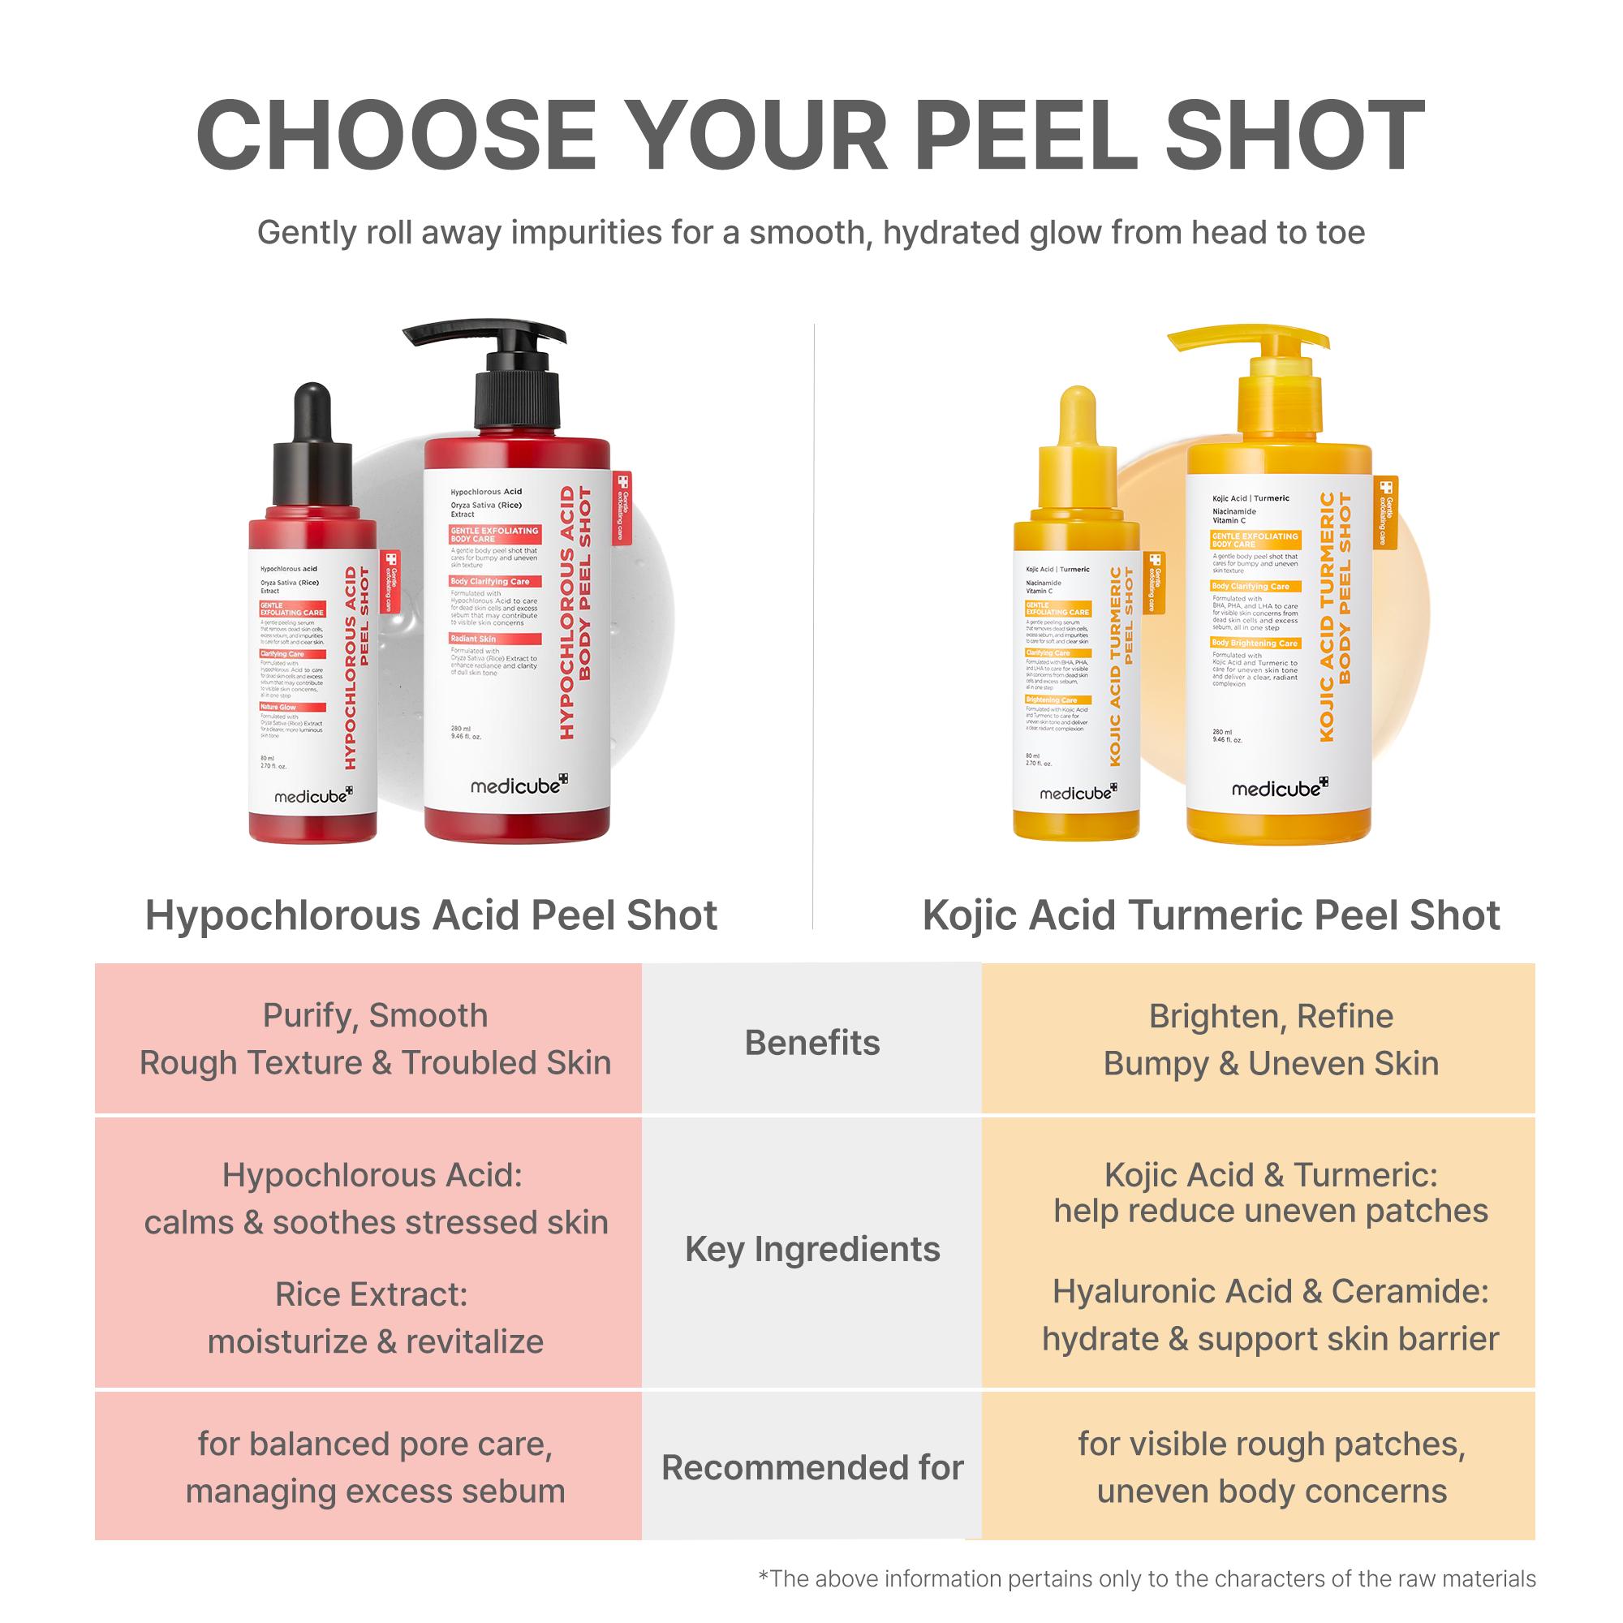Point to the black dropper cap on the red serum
click(x=312, y=454)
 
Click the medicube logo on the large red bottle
click(x=519, y=786)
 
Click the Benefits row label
click(x=811, y=1043)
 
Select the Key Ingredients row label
click(x=811, y=1249)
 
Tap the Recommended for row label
click(x=811, y=1467)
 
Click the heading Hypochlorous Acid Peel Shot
click(x=431, y=915)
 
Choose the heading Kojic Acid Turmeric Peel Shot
click(x=1211, y=915)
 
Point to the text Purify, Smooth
click(x=375, y=1016)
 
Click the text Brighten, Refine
click(x=1270, y=1017)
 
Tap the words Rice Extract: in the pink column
click(x=371, y=1294)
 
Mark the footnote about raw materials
click(x=1147, y=1578)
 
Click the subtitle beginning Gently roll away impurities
click(x=811, y=233)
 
